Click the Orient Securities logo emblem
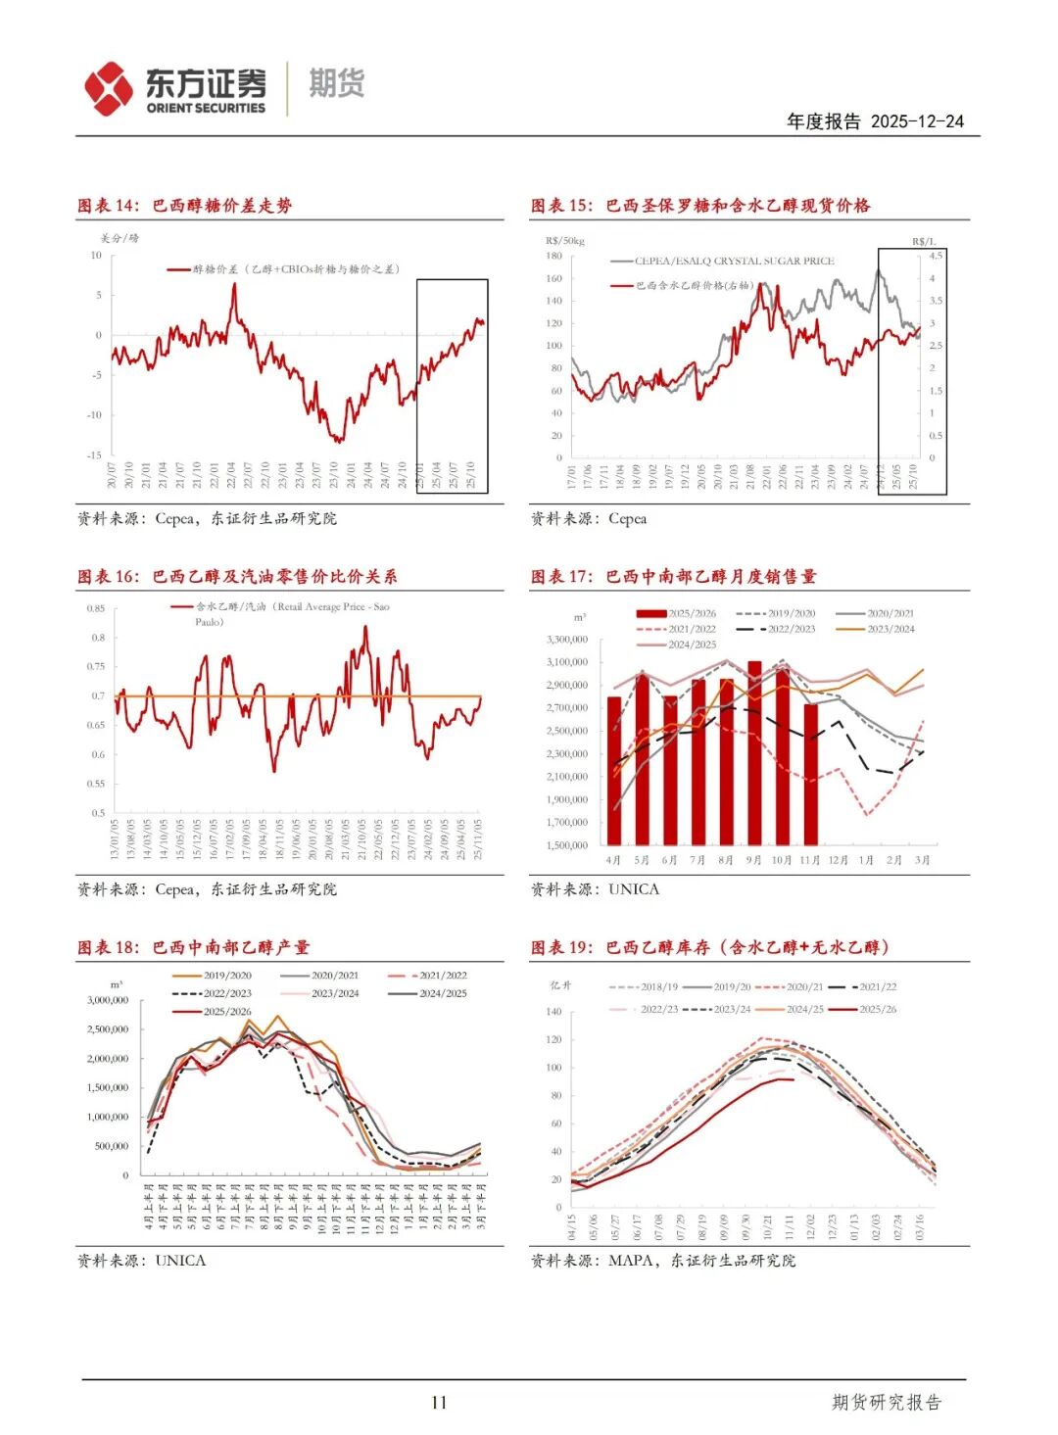(108, 88)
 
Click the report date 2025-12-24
(916, 121)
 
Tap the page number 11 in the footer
(439, 1403)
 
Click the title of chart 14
(185, 206)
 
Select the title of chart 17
(674, 577)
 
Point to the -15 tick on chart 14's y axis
(94, 455)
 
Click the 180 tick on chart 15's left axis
(554, 256)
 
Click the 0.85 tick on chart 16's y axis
(95, 608)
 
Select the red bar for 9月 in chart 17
(754, 752)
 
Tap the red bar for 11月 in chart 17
(810, 774)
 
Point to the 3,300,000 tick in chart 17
(567, 640)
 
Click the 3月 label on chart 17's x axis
(922, 860)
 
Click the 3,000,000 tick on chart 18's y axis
(108, 1000)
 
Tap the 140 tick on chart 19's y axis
(554, 1012)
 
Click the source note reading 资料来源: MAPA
(663, 1261)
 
